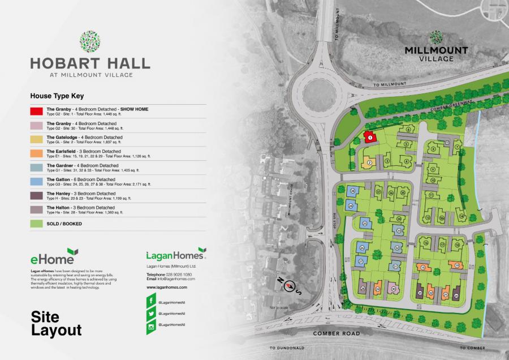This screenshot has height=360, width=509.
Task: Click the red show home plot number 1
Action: tap(370, 136)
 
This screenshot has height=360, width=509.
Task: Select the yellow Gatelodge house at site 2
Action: tap(369, 162)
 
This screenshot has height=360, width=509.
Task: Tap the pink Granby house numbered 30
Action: tap(393, 290)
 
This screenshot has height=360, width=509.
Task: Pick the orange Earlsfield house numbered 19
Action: tap(456, 265)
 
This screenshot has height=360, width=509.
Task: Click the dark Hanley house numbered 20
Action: tap(456, 294)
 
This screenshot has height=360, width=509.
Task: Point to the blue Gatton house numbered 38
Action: tap(352, 191)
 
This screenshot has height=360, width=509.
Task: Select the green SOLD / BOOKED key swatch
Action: tap(37, 224)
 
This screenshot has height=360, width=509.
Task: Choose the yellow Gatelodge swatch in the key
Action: tap(37, 139)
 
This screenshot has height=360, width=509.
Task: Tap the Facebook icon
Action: tap(151, 298)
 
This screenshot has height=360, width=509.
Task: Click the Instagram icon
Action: tap(151, 327)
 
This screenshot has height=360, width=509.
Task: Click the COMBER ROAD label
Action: tap(336, 334)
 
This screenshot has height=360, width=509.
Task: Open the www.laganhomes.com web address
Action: tap(167, 288)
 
